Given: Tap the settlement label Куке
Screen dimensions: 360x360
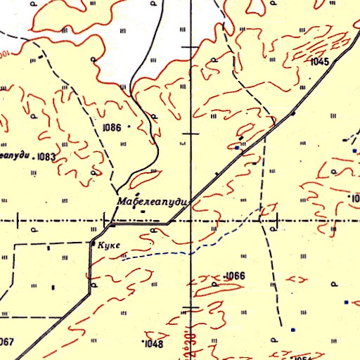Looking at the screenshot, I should click(111, 245).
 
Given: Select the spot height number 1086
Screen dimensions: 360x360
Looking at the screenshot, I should click(112, 128).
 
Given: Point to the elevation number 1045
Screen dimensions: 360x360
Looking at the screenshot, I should click(319, 62).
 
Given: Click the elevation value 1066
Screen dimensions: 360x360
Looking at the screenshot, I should click(235, 276).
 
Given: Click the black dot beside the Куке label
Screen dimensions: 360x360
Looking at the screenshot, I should click(94, 243).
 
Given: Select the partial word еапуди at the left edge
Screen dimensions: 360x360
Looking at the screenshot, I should click(15, 155).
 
